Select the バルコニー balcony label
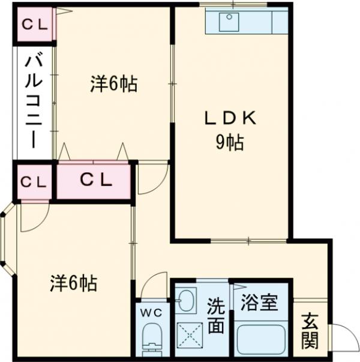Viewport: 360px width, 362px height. (x=32, y=102)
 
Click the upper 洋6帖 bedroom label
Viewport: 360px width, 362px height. (x=113, y=85)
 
